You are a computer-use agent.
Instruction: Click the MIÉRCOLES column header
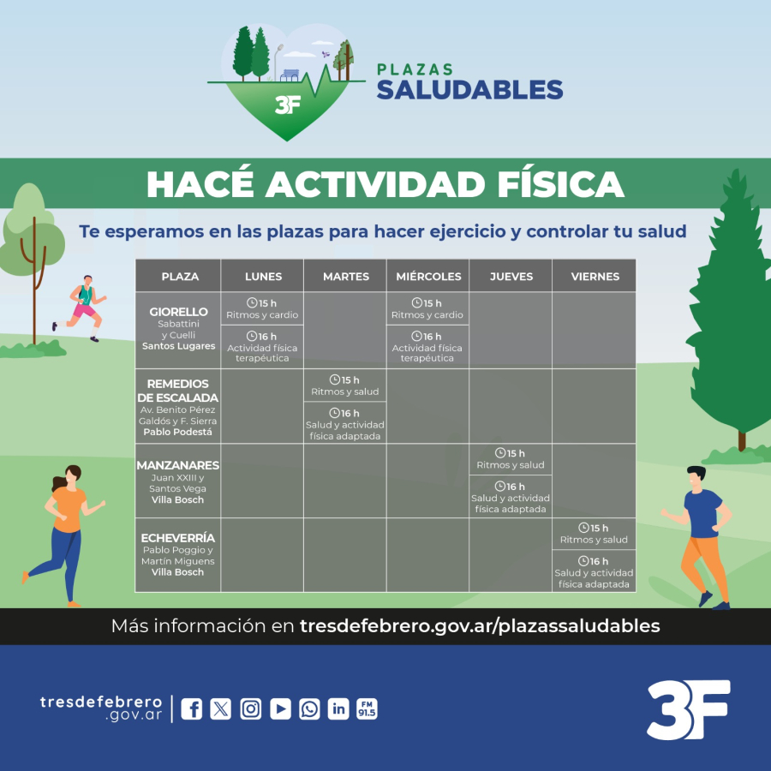click(428, 277)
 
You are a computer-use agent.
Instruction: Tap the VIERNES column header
click(595, 277)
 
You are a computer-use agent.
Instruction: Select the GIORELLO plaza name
click(178, 312)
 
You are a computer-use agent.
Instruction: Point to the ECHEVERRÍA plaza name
click(178, 538)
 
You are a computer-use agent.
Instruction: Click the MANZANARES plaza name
click(178, 465)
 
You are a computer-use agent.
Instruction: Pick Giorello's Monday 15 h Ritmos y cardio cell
click(262, 308)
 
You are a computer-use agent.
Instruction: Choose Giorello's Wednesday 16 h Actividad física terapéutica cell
click(427, 347)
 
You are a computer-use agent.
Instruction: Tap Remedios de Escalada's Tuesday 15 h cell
click(344, 385)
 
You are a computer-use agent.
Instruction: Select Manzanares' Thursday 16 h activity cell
click(511, 497)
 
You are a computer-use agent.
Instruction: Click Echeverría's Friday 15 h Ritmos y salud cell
click(594, 534)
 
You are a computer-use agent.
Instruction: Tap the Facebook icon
click(191, 709)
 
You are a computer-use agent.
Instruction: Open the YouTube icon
click(280, 709)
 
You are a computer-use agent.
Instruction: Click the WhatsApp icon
click(309, 709)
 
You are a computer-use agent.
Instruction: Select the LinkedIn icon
click(338, 709)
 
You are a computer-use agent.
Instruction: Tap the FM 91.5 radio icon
click(367, 709)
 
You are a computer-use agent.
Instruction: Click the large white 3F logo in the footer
click(689, 709)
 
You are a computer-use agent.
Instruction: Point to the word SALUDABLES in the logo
click(469, 89)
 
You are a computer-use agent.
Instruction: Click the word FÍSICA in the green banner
click(560, 184)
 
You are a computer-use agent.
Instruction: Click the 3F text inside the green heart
click(288, 105)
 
